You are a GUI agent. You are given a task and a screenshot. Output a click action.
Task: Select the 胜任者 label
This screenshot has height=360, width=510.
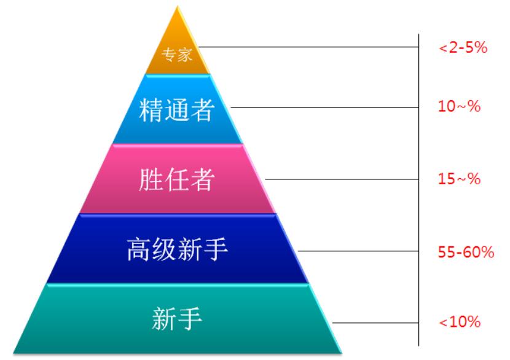coord(177,179)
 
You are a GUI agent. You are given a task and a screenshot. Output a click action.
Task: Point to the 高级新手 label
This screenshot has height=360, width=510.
coord(177,251)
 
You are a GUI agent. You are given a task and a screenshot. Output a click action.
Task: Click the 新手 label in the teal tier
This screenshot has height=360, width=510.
coord(177,319)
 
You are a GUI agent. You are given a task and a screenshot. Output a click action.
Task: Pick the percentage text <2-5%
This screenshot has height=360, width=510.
coord(463,48)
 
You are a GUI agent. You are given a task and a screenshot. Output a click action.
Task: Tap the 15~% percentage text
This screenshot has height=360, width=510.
coord(458,180)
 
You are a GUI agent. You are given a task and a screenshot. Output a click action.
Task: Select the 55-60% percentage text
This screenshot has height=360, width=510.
coord(465,251)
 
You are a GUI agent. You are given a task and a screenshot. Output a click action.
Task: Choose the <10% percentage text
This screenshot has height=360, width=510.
coord(458,321)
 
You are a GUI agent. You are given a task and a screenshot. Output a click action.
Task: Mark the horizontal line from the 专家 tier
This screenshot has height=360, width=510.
coord(307,47)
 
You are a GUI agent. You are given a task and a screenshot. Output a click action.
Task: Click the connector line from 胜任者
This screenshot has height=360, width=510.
coord(344,179)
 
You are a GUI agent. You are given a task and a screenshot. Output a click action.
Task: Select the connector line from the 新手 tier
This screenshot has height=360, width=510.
coord(375,321)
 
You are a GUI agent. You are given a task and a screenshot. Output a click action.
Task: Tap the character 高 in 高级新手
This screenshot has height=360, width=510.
coord(139,251)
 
